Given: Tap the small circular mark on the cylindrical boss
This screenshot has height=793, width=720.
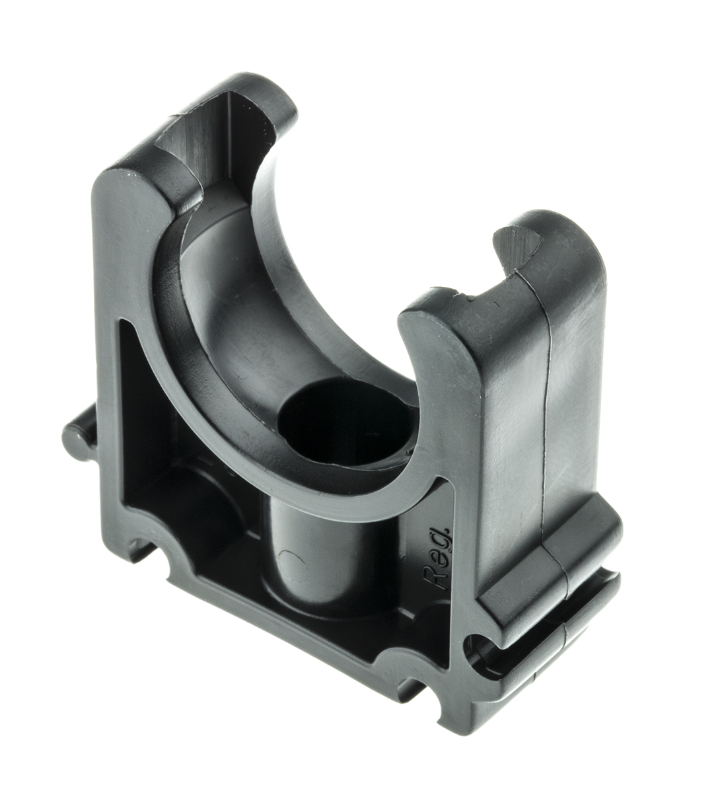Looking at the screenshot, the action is [x=290, y=563].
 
